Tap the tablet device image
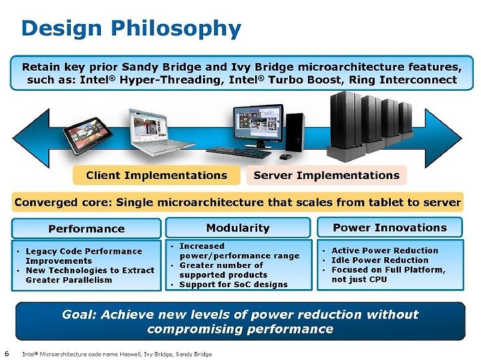click(88, 135)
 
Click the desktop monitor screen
click(258, 123)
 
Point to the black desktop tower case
click(295, 133)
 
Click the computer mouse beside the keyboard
click(285, 157)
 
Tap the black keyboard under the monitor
click(239, 152)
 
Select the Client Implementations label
click(156, 176)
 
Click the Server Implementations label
click(327, 176)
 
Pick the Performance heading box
click(86, 228)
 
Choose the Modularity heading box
click(238, 228)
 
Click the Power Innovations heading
click(390, 227)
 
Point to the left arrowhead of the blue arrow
click(31, 138)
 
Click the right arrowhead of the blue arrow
click(443, 138)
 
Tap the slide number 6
click(7, 353)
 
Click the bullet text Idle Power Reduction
click(379, 260)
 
